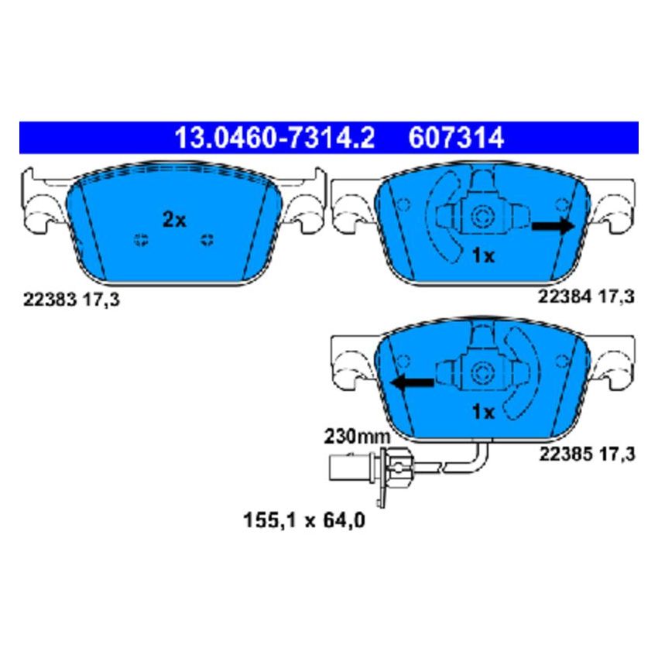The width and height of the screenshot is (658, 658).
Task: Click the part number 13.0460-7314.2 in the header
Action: pyautogui.click(x=274, y=138)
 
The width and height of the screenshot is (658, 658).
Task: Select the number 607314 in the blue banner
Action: pyautogui.click(x=454, y=138)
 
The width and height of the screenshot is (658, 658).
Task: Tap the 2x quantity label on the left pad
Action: pyautogui.click(x=174, y=220)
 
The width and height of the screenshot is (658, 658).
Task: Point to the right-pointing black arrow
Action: pyautogui.click(x=552, y=225)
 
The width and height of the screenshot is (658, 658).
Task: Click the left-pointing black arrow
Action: pyautogui.click(x=412, y=382)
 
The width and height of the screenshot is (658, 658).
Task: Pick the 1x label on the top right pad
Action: pyautogui.click(x=483, y=256)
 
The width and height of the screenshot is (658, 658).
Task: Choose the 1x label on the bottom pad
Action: pyautogui.click(x=483, y=413)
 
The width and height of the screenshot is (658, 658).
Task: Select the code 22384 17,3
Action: pyautogui.click(x=586, y=296)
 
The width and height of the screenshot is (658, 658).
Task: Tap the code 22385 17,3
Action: pyautogui.click(x=586, y=454)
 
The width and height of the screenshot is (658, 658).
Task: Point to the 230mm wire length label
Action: pyautogui.click(x=357, y=437)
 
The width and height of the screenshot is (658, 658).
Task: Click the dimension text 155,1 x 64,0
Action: pyautogui.click(x=303, y=521)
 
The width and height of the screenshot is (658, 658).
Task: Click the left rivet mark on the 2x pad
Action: pyautogui.click(x=140, y=239)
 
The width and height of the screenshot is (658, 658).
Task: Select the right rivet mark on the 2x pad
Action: pyautogui.click(x=207, y=239)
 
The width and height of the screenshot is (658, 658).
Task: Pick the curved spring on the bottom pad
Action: pyautogui.click(x=524, y=370)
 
